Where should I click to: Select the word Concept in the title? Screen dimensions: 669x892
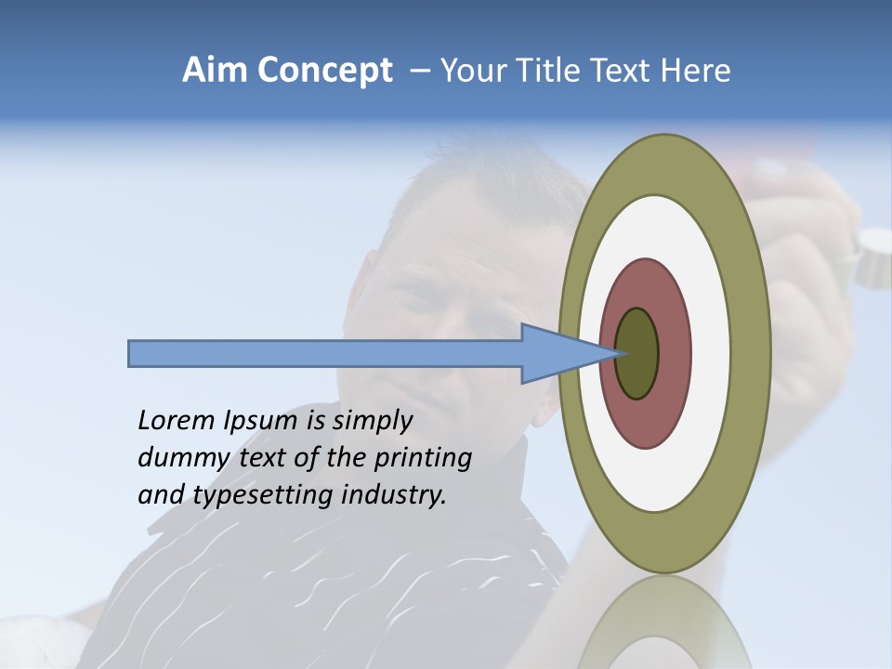pyautogui.click(x=325, y=72)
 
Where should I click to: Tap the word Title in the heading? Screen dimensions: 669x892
pyautogui.click(x=554, y=71)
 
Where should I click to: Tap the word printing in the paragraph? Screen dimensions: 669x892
pyautogui.click(x=422, y=458)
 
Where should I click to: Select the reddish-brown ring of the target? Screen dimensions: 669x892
pyautogui.click(x=673, y=353)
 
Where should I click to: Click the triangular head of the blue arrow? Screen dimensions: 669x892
pyautogui.click(x=557, y=354)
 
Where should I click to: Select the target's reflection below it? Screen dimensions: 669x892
pyautogui.click(x=663, y=627)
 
